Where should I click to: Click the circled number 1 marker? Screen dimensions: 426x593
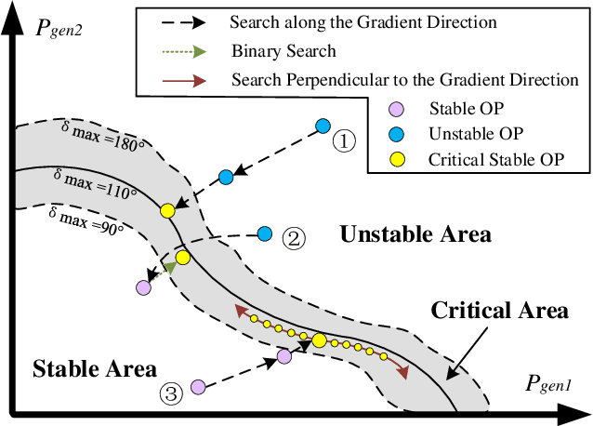[344, 141]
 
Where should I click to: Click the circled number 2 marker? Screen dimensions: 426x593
[293, 239]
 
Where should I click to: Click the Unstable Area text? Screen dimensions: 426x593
[415, 234]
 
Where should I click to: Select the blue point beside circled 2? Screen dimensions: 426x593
[265, 232]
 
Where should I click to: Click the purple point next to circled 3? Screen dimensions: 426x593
[198, 386]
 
